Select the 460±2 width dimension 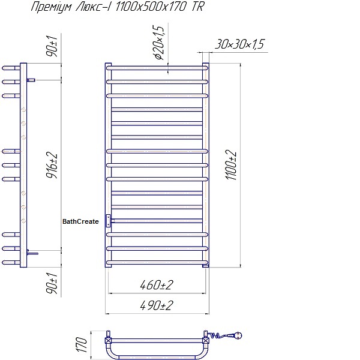pyautogui.click(x=158, y=284)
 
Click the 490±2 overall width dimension pyautogui.click(x=157, y=305)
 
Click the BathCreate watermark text pyautogui.click(x=80, y=221)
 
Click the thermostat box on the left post pyautogui.click(x=108, y=221)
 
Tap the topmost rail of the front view pyautogui.click(x=158, y=67)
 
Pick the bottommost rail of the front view pyautogui.click(x=158, y=262)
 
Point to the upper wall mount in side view pyautogui.click(x=32, y=80)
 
